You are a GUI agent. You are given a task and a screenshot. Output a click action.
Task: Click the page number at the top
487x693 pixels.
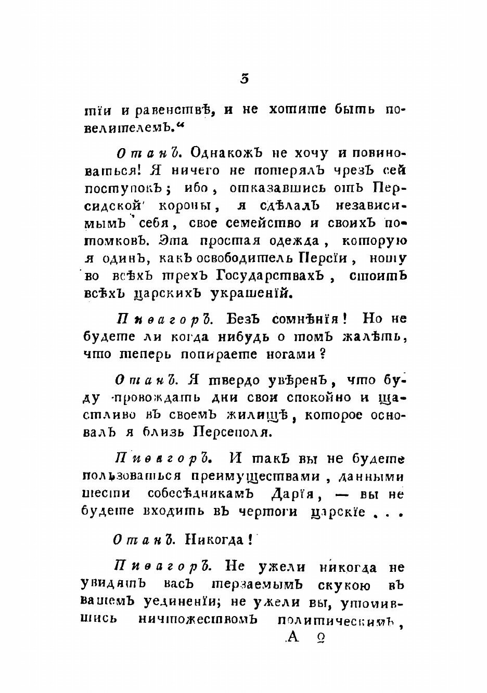point(245,79)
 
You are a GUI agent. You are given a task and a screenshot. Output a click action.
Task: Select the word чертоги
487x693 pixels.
point(267,512)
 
